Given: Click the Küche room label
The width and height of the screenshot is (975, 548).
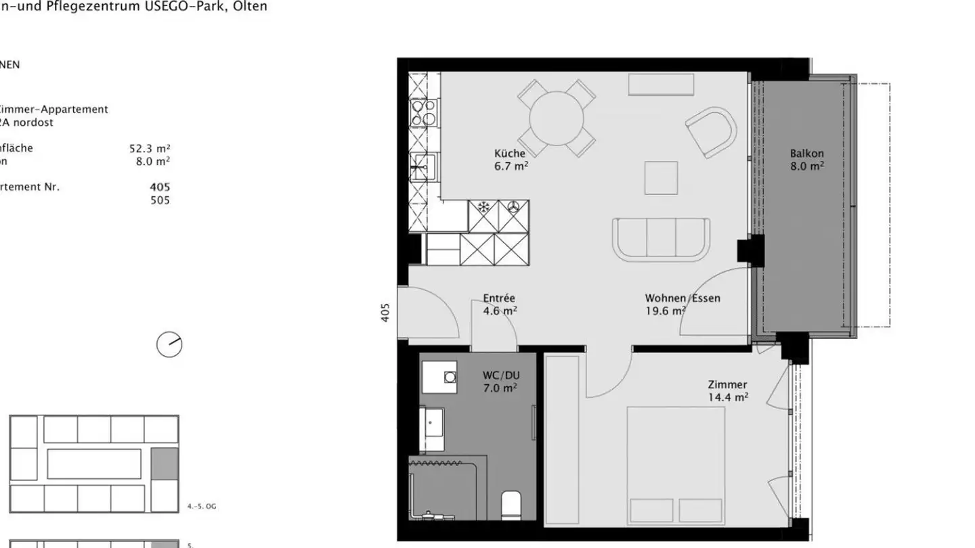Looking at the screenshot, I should (510, 154).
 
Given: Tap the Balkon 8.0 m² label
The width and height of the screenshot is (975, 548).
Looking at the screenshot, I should (807, 160).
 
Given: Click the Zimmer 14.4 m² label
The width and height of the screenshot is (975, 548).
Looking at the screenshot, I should (728, 391).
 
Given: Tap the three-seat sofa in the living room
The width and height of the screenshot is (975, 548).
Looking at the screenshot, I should (661, 239).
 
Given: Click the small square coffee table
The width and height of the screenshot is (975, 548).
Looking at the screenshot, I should (661, 177).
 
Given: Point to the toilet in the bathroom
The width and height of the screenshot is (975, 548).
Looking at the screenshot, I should (511, 505).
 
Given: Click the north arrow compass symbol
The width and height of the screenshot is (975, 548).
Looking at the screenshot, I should (169, 344).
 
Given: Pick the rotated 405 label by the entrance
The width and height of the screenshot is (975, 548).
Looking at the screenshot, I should (385, 312).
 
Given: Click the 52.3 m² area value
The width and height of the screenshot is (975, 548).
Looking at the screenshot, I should (150, 148).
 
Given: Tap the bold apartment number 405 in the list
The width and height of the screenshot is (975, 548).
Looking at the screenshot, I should (160, 187).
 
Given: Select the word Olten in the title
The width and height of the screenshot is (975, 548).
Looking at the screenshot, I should (250, 6).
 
